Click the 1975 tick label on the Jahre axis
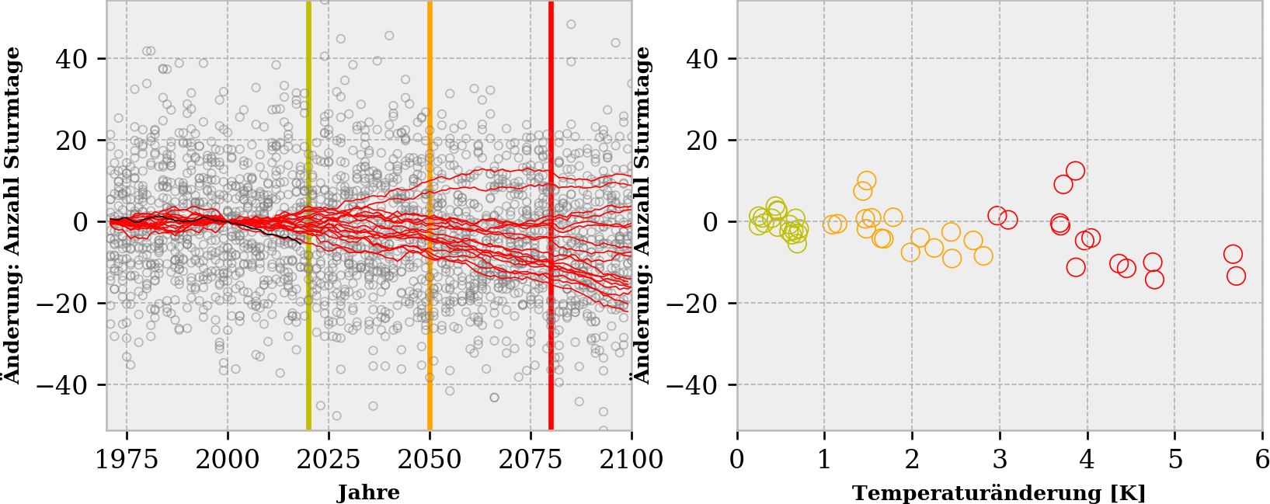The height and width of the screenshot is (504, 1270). click(127, 460)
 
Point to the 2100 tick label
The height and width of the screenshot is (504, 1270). click(631, 460)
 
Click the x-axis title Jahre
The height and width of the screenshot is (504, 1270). click(369, 492)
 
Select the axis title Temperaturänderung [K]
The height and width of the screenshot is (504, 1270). click(999, 492)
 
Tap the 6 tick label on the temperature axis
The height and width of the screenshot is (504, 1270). click(1261, 460)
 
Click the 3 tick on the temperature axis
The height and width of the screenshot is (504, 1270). click(1000, 460)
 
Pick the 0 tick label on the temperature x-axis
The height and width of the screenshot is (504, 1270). click(737, 460)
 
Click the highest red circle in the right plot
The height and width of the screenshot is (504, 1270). click(1075, 171)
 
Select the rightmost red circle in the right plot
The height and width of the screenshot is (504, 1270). click(1236, 276)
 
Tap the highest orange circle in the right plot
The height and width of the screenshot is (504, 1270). click(867, 181)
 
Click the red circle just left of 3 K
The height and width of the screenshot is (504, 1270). click(997, 215)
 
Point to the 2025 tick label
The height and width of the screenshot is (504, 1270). click(329, 460)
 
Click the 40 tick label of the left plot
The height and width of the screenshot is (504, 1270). click(71, 59)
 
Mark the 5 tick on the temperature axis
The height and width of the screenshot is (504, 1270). click(1174, 460)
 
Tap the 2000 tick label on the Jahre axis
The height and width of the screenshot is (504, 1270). click(228, 460)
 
